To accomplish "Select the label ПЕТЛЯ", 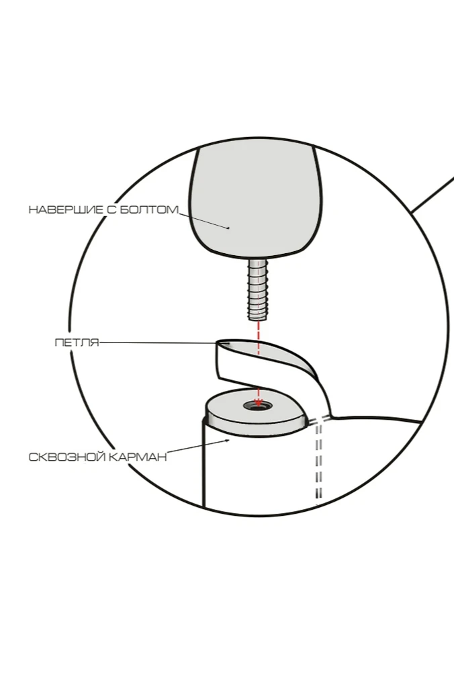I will pos(76,343).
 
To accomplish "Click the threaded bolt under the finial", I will pos(258,289).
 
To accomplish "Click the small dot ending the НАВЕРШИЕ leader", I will pos(228,228).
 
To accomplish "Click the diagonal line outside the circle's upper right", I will pos(433,195).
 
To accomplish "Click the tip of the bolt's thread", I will pos(258,317).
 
